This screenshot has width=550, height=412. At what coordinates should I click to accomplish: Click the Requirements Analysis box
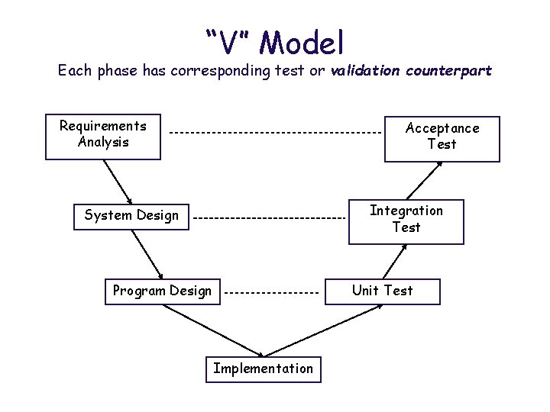coord(103,137)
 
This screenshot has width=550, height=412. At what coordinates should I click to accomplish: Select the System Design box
coord(131,216)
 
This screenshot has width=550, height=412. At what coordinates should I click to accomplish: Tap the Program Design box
coord(162,291)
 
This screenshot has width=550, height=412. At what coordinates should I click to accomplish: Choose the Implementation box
coord(263,369)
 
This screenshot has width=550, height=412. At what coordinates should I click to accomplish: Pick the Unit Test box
coord(382,291)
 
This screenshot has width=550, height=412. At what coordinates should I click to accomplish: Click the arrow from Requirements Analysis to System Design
coord(118,181)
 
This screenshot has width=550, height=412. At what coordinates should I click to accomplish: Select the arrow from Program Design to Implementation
coord(214,330)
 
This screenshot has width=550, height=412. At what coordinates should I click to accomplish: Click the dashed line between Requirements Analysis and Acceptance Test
coord(275,134)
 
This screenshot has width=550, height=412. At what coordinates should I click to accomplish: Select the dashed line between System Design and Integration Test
coord(269,218)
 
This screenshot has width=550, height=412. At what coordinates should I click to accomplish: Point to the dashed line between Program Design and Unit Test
coord(272,293)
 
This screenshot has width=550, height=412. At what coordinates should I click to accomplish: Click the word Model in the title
coord(302,43)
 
